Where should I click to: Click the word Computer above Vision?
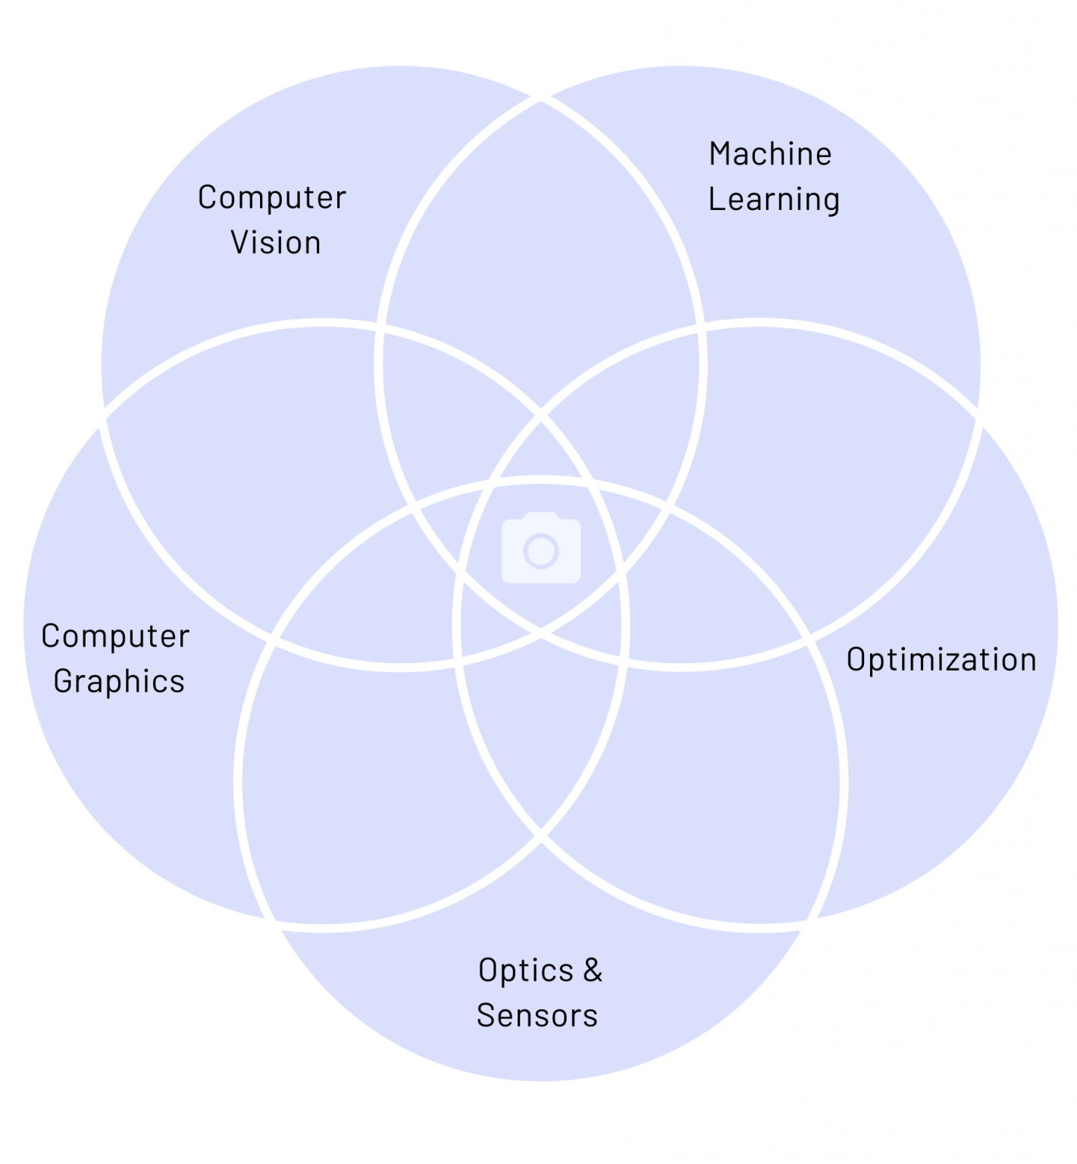pos(272,199)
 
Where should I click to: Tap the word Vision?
pos(276,243)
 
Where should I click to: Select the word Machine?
pos(771,154)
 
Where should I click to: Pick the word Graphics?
pos(119,682)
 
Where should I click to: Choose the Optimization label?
pos(941,660)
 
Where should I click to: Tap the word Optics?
pos(526,972)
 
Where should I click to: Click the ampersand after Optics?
pos(593,970)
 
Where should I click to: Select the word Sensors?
pos(537,1016)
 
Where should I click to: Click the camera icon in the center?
pos(541,548)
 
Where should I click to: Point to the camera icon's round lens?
pos(541,551)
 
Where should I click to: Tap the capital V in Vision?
pos(240,243)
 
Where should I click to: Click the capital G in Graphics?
pos(64,681)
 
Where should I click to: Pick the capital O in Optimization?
pos(857,660)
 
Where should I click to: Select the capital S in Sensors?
pos(487,1016)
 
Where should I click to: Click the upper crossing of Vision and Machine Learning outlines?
pos(540,99)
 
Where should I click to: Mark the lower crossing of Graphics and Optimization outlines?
pos(540,837)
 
